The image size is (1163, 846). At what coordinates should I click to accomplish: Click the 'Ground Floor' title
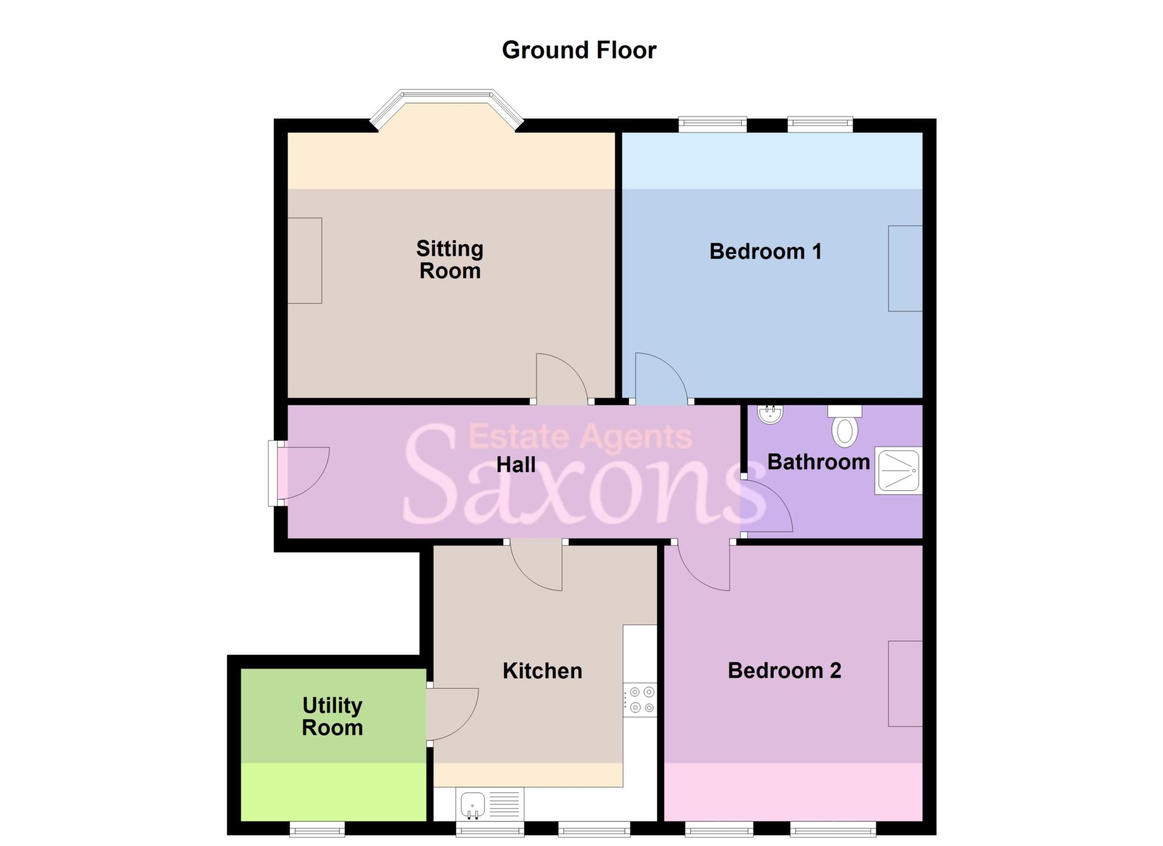579,50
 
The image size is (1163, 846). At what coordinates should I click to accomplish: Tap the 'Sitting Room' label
450,260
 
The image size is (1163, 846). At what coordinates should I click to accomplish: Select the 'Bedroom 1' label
765,251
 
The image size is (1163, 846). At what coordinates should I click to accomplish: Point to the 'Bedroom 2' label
784,670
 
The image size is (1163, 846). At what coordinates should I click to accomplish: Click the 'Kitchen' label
542,671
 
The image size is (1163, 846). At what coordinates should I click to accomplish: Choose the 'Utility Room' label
332,716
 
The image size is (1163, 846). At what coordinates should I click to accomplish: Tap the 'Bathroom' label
818,462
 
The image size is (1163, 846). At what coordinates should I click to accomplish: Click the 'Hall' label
516,465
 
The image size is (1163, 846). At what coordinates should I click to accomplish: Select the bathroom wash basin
771,414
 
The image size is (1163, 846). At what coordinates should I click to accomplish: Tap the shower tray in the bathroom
898,470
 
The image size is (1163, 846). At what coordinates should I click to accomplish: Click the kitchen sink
472,806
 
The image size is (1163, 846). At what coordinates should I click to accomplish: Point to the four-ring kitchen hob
640,699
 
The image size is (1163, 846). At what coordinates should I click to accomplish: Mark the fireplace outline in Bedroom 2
905,684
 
